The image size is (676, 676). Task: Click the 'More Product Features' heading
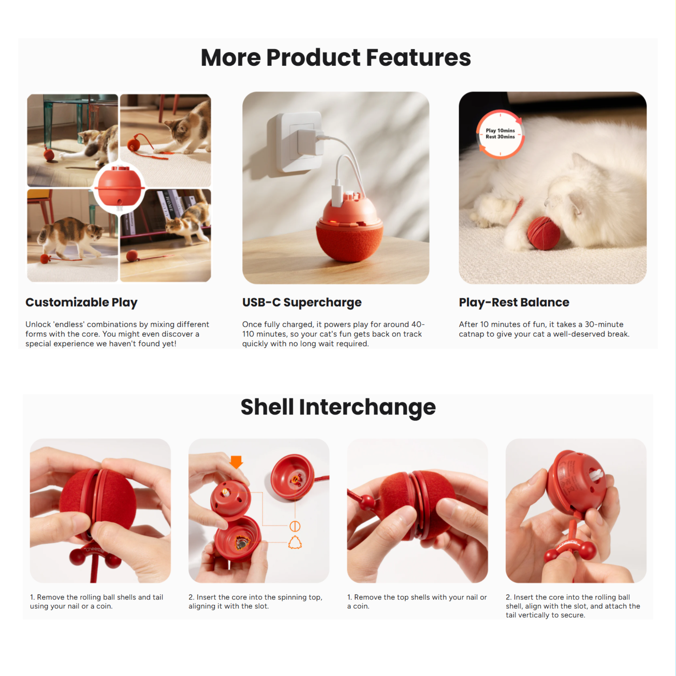(x=336, y=57)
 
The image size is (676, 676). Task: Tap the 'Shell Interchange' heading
(x=338, y=407)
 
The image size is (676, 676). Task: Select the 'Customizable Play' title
(x=82, y=303)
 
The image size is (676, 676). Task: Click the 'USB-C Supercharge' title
(x=302, y=303)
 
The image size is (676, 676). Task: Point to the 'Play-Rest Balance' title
(x=514, y=302)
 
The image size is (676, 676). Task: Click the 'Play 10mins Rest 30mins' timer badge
(x=500, y=134)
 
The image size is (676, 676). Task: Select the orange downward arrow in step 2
(x=236, y=462)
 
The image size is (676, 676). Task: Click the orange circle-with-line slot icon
(x=295, y=526)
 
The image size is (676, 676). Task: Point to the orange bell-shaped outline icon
(x=295, y=542)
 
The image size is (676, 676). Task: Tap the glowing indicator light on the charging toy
(x=333, y=221)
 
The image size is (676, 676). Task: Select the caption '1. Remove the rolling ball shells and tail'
(x=97, y=597)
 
